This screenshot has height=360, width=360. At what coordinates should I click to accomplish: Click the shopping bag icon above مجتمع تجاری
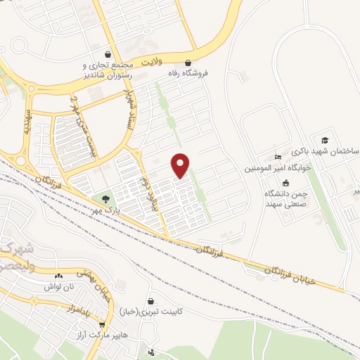pos(107,53)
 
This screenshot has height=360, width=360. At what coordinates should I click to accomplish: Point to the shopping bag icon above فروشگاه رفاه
pos(187,61)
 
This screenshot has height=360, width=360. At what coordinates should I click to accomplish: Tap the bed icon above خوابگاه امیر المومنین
pos(278,155)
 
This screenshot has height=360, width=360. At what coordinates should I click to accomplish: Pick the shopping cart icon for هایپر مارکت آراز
pos(103,325)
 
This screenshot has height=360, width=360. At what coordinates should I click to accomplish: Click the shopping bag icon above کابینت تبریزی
pos(150,300)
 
